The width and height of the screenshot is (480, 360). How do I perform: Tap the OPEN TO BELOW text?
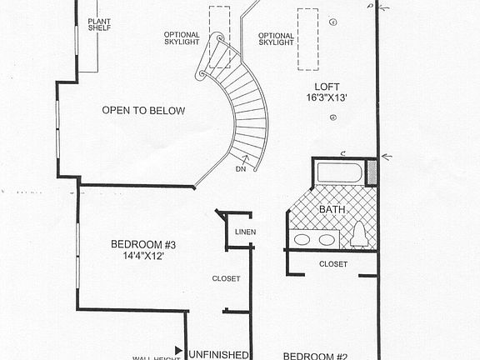click(x=143, y=110)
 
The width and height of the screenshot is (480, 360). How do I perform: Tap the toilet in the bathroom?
click(x=359, y=235)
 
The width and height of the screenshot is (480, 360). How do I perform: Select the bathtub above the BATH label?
click(x=339, y=172)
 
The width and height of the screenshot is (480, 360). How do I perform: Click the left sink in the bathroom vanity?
click(x=304, y=240)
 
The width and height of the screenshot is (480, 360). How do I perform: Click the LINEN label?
click(x=246, y=232)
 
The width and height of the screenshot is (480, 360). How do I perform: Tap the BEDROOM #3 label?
click(x=143, y=244)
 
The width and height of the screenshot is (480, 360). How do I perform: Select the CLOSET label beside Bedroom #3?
click(x=226, y=278)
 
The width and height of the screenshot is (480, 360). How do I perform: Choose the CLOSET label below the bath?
click(x=333, y=264)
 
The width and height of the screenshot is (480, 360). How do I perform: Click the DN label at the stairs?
click(x=240, y=169)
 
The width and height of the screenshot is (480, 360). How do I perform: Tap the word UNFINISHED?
click(x=218, y=353)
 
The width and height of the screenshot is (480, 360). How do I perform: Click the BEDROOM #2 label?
click(x=315, y=356)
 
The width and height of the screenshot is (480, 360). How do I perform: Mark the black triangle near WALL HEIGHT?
click(x=178, y=351)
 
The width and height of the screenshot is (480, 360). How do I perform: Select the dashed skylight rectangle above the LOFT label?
click(x=308, y=40)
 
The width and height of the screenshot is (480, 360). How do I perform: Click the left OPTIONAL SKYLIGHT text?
click(x=182, y=39)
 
